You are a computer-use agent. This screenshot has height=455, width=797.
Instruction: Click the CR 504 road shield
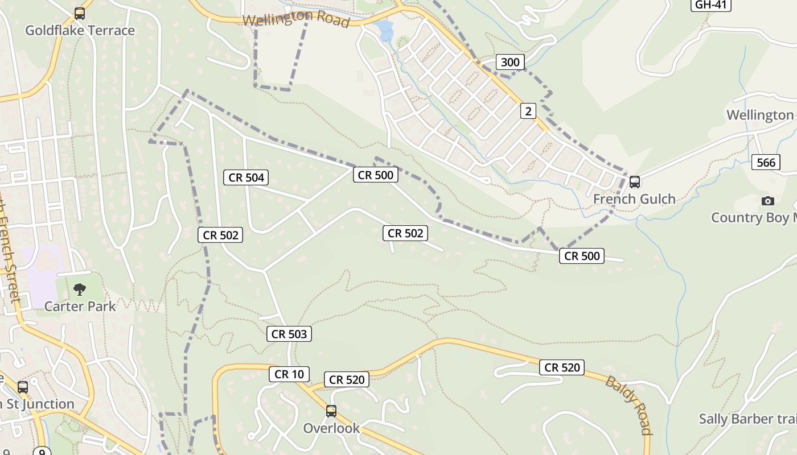tap(247, 177)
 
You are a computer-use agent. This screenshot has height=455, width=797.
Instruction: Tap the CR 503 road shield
tap(289, 334)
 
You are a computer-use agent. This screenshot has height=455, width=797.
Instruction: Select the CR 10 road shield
tap(289, 374)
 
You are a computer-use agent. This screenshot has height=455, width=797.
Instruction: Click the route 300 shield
tap(510, 62)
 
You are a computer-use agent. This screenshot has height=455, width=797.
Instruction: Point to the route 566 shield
tap(766, 163)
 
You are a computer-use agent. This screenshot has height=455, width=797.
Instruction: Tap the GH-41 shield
tap(711, 5)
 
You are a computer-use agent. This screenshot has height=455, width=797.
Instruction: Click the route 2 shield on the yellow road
tap(528, 111)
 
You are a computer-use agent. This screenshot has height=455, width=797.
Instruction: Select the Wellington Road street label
tap(295, 19)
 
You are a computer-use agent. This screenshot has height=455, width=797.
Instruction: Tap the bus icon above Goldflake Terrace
tap(80, 14)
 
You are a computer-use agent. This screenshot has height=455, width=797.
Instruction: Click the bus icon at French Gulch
tap(634, 182)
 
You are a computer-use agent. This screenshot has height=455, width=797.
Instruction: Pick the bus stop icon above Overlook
tap(331, 411)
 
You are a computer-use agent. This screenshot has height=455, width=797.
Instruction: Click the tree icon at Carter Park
tap(80, 289)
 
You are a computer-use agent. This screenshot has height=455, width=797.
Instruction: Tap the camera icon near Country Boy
tap(767, 201)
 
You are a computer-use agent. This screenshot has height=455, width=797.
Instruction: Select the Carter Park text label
tap(80, 306)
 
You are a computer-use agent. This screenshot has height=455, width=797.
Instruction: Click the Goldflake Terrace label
tap(80, 30)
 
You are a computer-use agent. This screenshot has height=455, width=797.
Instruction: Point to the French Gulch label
tap(634, 199)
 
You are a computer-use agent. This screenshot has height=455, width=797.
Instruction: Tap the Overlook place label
tap(331, 428)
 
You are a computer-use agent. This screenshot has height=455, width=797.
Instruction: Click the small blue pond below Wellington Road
tap(385, 30)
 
